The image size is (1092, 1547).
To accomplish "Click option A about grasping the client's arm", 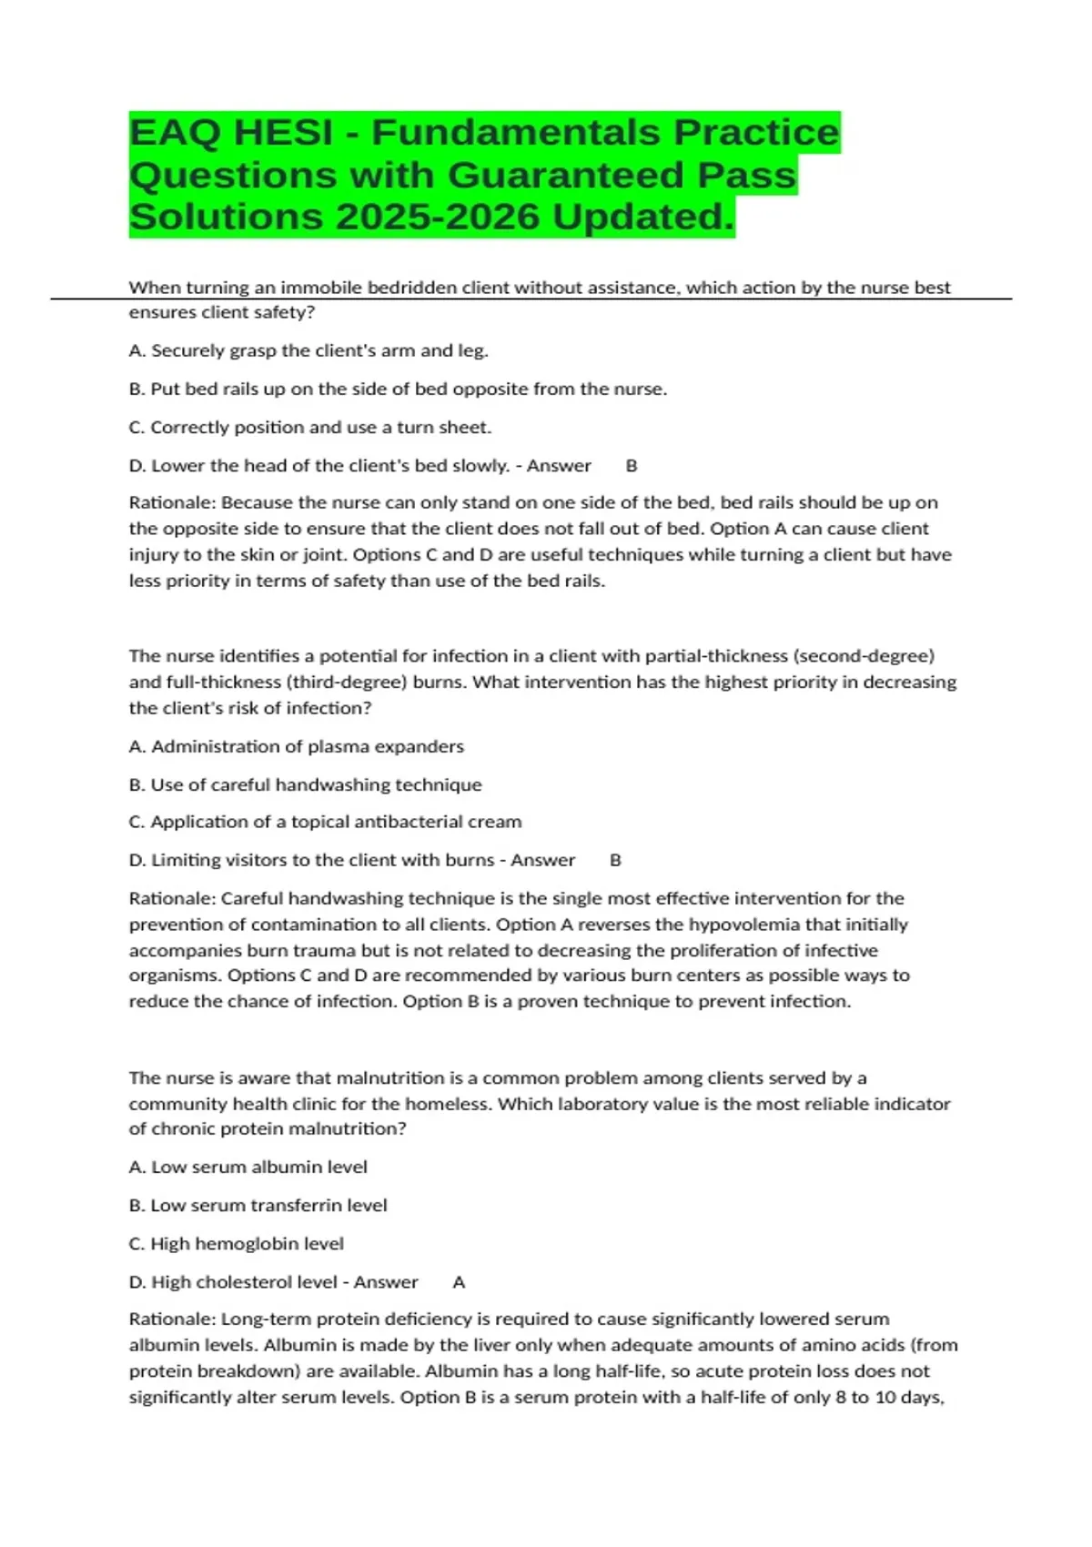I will [x=308, y=350].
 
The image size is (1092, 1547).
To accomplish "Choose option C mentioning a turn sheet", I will [x=309, y=428].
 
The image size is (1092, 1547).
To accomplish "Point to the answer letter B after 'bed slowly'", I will [x=632, y=466].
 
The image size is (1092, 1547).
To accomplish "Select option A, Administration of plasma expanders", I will [x=297, y=746].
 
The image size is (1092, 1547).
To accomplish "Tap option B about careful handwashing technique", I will [x=305, y=784].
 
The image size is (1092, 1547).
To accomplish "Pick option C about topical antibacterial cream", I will [x=325, y=822].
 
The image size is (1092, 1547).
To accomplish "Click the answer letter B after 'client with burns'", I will [x=615, y=860].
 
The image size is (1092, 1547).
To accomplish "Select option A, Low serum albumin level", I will [x=248, y=1167].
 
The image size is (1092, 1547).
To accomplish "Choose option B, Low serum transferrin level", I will [x=258, y=1205].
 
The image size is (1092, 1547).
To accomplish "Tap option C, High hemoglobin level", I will [x=236, y=1243].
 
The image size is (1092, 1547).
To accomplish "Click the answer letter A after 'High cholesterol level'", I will [x=459, y=1282].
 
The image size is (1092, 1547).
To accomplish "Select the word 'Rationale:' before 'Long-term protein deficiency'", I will [x=172, y=1319].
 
